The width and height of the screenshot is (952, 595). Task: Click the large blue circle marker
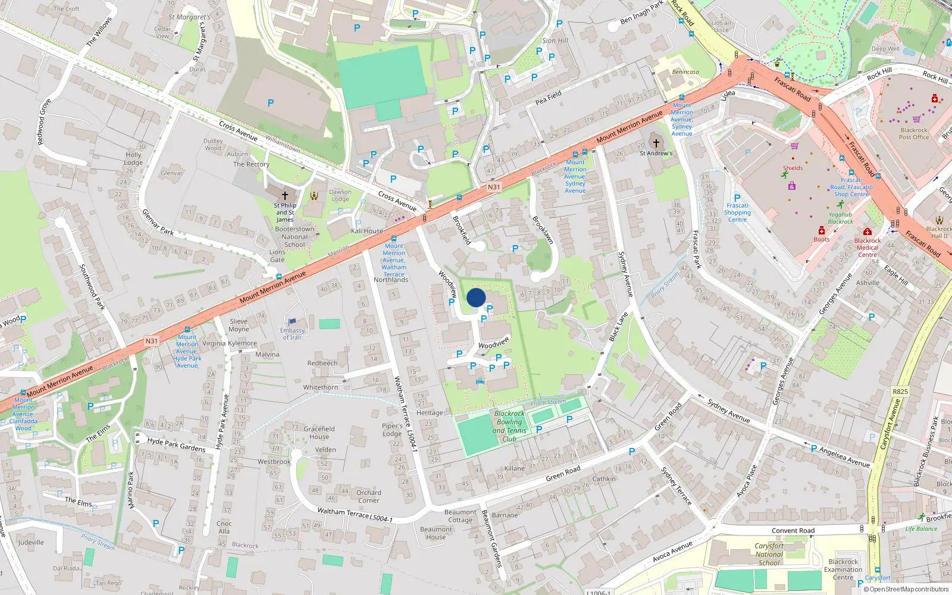pyautogui.click(x=476, y=297)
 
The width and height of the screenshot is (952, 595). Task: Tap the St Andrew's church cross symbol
pyautogui.click(x=656, y=143)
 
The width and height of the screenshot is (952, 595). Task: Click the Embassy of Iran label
pyautogui.click(x=292, y=334)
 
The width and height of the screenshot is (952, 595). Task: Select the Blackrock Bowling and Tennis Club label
pyautogui.click(x=509, y=426)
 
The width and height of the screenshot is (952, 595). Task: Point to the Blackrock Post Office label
pyautogui.click(x=914, y=134)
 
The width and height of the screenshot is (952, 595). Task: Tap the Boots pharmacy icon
pyautogui.click(x=822, y=230)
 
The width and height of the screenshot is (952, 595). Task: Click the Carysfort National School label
pyautogui.click(x=769, y=554)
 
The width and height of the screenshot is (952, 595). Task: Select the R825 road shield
pyautogui.click(x=900, y=392)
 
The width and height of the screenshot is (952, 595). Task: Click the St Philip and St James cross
pyautogui.click(x=285, y=195)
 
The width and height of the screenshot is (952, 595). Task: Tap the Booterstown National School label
pyautogui.click(x=295, y=236)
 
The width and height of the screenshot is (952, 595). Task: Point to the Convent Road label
pyautogui.click(x=793, y=531)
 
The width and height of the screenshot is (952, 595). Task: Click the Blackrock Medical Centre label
pyautogui.click(x=868, y=248)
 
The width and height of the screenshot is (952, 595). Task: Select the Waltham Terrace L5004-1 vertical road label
pyautogui.click(x=406, y=413)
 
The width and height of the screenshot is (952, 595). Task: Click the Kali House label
pyautogui.click(x=367, y=231)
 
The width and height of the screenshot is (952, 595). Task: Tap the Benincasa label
pyautogui.click(x=685, y=72)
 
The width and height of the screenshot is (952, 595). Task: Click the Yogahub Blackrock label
pyautogui.click(x=840, y=218)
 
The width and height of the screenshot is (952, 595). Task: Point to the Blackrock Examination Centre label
pyautogui.click(x=843, y=569)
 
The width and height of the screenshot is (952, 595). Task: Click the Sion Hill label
pyautogui.click(x=555, y=40)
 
